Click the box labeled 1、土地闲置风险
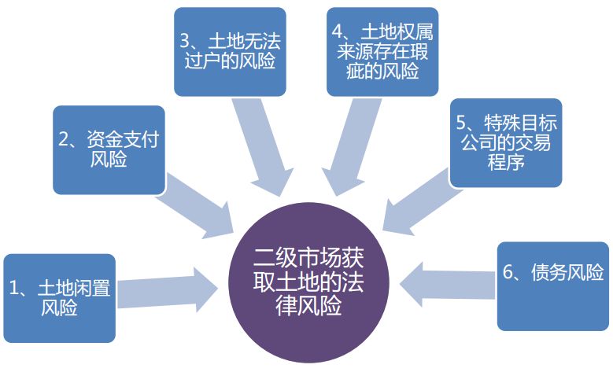tap(59, 298)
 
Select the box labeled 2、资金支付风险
tap(109, 149)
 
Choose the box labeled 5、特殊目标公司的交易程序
tap(505, 142)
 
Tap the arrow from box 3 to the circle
tap(268, 149)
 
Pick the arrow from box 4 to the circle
tap(347, 149)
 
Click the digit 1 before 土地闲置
tap(14, 288)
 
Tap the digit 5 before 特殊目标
tap(461, 123)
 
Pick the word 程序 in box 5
tap(505, 163)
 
